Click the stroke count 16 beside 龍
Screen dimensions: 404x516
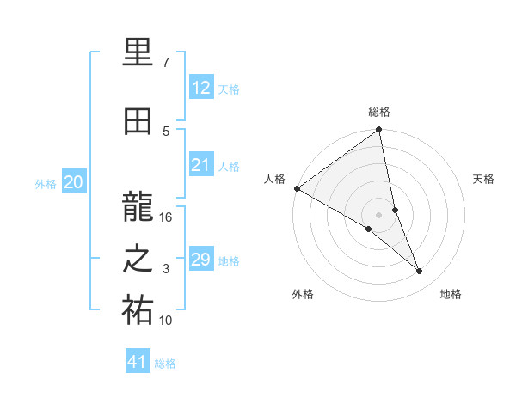(166, 217)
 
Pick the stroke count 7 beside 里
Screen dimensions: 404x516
(166, 63)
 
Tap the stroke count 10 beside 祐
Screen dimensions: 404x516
(166, 321)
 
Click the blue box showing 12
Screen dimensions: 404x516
(200, 88)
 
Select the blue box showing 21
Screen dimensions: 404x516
(200, 165)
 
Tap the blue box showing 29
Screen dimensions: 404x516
(200, 260)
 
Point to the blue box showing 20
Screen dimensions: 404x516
(74, 182)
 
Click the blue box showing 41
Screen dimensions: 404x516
(138, 362)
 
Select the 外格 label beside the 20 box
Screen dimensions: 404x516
(46, 183)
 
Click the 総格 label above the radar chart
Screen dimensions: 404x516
(379, 111)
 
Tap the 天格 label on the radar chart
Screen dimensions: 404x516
(483, 179)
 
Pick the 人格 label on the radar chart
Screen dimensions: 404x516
(275, 179)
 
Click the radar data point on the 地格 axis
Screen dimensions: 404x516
(420, 272)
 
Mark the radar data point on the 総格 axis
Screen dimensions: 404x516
(379, 131)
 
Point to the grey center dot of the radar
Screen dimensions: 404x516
(379, 213)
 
